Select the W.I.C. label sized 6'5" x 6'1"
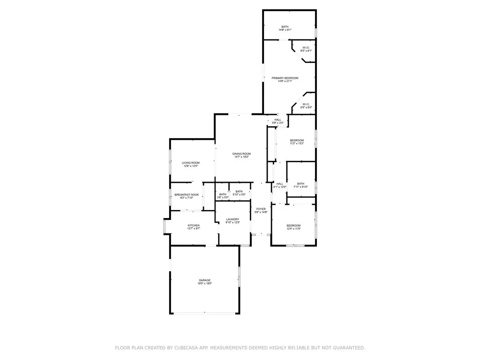(x=306, y=48)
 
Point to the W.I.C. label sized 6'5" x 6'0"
(x=306, y=104)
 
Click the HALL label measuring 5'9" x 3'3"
(x=277, y=120)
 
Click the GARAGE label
(x=204, y=280)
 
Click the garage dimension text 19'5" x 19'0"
(x=204, y=284)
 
